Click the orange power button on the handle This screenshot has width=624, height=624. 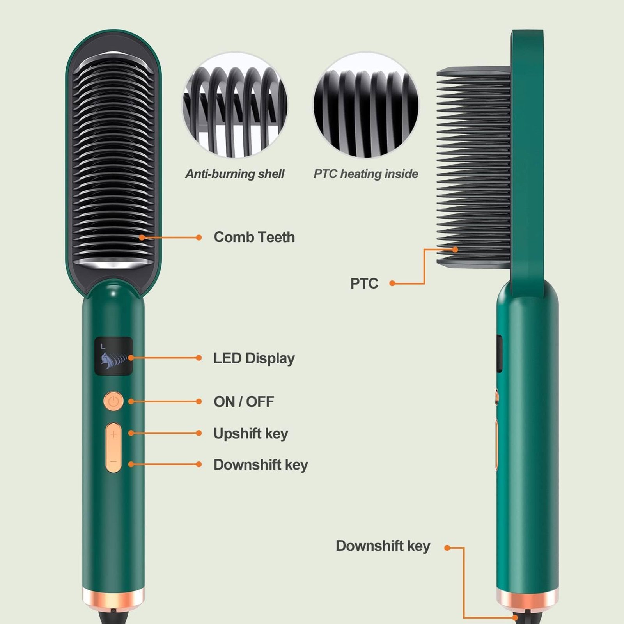click(113, 401)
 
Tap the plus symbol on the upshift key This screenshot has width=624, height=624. click(113, 434)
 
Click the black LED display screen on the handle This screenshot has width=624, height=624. click(113, 356)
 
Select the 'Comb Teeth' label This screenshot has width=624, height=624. click(254, 237)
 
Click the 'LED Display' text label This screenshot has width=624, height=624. click(254, 358)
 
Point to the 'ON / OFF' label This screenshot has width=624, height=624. click(244, 402)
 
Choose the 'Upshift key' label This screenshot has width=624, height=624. click(251, 433)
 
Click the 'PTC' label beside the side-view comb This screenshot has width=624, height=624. click(364, 284)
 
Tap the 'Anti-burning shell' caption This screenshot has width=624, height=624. click(235, 174)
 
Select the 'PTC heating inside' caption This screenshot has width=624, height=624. click(366, 174)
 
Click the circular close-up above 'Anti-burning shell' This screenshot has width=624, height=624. click(235, 105)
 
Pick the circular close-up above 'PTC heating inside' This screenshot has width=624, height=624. click(366, 105)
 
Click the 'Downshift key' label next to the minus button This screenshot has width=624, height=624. click(261, 464)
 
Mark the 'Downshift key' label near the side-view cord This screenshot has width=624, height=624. click(383, 546)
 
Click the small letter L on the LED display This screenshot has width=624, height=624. click(103, 346)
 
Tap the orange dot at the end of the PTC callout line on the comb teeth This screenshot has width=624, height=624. click(455, 250)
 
